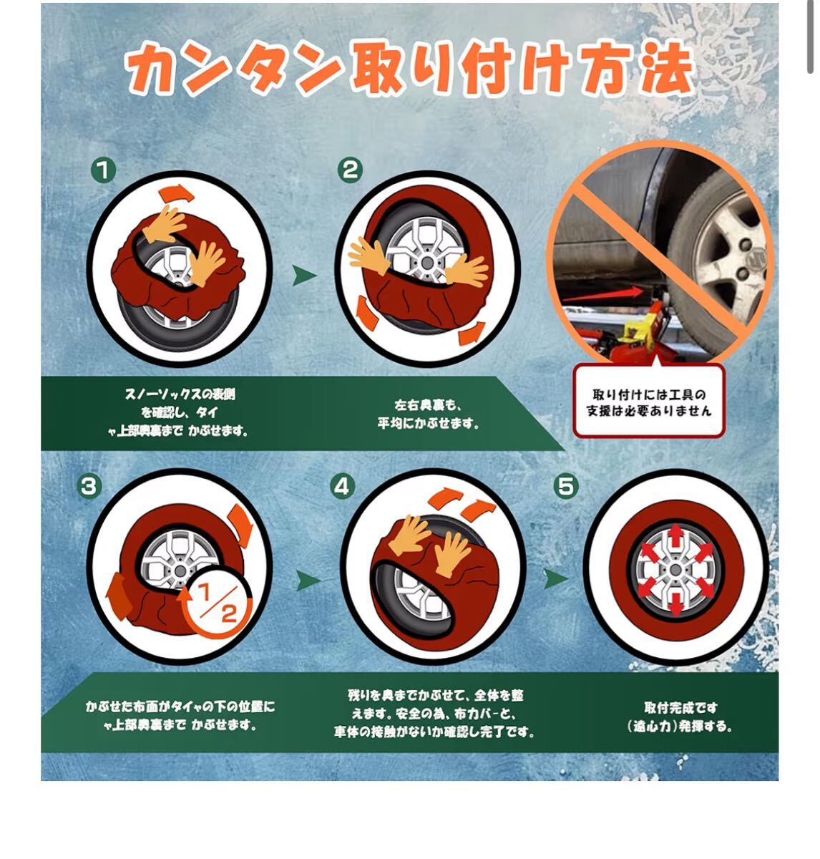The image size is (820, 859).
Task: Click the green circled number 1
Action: pos(103,170)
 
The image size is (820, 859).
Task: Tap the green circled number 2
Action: pos(350,170)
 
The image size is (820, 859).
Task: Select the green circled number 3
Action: pos(89,487)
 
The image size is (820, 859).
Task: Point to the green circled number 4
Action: pos(342,487)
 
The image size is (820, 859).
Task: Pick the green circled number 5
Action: pos(566,487)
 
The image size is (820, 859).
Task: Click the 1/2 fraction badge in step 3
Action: pos(216,603)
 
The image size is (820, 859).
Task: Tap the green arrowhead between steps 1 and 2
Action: pos(304,276)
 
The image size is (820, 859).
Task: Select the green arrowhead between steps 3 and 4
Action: pos(308,581)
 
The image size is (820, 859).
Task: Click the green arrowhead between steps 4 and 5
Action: pos(556,578)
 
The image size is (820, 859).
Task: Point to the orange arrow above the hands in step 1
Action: pos(176,193)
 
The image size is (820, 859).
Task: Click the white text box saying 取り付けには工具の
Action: pos(648,401)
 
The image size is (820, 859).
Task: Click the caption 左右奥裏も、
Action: pos(427,405)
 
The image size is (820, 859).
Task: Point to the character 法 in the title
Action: pos(666,69)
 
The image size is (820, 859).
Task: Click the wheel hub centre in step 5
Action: pos(675,570)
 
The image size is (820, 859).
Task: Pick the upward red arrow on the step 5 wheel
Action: pos(675,536)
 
